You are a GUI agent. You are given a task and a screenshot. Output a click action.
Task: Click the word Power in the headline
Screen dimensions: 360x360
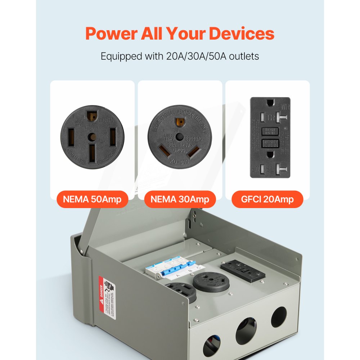pos(111,34)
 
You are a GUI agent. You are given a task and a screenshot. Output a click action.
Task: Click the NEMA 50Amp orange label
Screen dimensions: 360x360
pos(92,199)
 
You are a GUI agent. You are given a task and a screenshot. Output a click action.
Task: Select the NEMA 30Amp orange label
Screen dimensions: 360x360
pos(180,199)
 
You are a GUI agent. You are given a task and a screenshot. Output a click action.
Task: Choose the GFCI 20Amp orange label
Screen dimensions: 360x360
pos(267,199)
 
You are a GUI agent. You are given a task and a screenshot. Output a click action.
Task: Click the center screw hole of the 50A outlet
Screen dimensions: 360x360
pos(93,137)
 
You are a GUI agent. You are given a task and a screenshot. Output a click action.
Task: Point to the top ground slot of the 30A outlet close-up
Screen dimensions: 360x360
pos(179,121)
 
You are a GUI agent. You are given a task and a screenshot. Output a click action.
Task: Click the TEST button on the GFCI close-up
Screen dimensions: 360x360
pos(270,130)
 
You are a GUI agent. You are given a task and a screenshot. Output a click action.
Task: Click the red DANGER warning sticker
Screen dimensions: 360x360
pos(108,297)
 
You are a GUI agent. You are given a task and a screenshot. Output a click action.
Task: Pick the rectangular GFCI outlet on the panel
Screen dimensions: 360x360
pos(243,270)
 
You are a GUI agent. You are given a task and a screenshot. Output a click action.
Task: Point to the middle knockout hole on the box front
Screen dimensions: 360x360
pos(246,330)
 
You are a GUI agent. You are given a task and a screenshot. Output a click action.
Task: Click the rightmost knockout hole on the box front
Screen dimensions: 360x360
pos(279,316)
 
